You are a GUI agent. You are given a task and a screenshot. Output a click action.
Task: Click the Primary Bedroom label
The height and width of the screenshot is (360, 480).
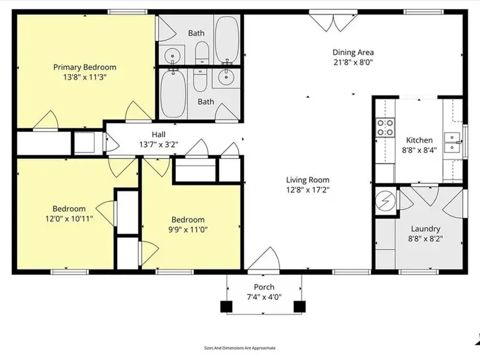tap(85, 67)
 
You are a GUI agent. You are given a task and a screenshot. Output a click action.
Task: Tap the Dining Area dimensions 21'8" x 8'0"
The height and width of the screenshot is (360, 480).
tap(353, 62)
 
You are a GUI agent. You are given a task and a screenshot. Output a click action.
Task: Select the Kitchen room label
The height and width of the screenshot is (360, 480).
tap(419, 140)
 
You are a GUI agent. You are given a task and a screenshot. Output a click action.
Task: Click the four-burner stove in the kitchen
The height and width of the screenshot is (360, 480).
tap(385, 128)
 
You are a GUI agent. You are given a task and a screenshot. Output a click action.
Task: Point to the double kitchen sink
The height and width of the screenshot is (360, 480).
tap(452, 142)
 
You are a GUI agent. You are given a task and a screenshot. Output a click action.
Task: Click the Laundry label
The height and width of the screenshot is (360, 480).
tap(425, 229)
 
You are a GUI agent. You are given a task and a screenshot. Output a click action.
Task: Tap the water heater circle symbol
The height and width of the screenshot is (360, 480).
tap(385, 201)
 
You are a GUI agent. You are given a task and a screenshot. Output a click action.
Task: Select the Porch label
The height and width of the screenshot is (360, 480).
tap(264, 287)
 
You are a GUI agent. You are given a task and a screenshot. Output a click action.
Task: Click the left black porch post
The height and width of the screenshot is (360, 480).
tap(226, 307)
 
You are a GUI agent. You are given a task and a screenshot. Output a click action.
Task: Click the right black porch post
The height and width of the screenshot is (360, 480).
tap(299, 307)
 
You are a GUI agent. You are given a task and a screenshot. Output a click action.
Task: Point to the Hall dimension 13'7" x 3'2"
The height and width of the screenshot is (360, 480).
tap(158, 145)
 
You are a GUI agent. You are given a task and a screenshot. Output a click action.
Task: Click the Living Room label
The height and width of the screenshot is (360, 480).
tap(308, 180)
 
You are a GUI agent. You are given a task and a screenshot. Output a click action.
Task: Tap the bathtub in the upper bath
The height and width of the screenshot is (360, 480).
tap(227, 39)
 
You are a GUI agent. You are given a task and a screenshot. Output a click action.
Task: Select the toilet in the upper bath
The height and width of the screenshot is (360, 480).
tap(202, 53)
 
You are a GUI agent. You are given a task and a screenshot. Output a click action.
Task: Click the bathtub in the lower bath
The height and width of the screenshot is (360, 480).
tap(173, 94)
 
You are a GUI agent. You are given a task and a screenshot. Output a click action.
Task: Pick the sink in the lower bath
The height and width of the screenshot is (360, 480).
tap(227, 77)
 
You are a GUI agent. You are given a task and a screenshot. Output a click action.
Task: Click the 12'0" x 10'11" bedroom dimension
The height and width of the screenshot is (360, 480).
tap(69, 219)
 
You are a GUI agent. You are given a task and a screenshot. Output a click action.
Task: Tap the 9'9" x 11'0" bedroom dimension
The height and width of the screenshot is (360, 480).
tap(188, 230)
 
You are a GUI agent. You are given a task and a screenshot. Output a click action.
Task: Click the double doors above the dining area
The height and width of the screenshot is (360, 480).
tap(333, 21)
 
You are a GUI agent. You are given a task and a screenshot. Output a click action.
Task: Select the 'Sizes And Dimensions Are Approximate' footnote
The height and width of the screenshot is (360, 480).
tap(239, 348)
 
